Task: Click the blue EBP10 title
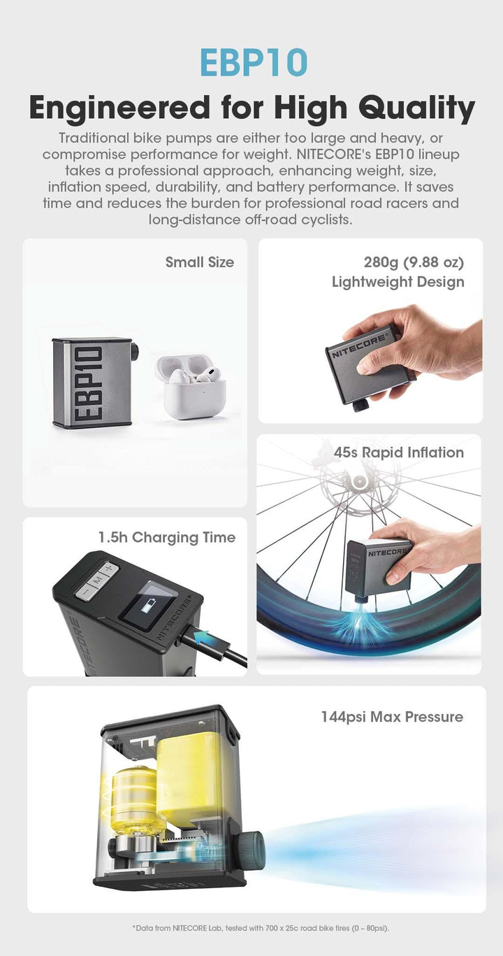(253, 62)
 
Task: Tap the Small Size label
(200, 262)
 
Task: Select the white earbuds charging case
(191, 386)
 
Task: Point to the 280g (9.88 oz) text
(414, 262)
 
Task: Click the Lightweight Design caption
(398, 282)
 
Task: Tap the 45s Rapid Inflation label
(399, 452)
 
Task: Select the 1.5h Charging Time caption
(167, 537)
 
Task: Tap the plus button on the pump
(109, 569)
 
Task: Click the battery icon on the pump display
(147, 606)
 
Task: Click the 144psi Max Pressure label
(392, 717)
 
